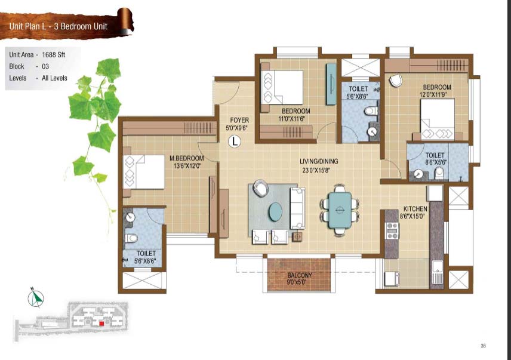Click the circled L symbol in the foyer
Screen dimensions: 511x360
tap(235, 141)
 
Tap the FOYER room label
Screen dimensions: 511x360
tap(239, 120)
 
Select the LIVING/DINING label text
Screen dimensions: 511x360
tap(319, 161)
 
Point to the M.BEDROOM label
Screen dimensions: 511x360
tap(186, 158)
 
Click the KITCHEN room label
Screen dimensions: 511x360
tap(415, 209)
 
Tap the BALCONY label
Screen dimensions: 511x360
tap(300, 275)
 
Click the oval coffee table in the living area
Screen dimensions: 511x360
tap(275, 211)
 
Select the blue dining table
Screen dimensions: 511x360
tap(340, 210)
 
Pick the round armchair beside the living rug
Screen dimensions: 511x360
tap(261, 188)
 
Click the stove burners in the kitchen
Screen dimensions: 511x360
tap(392, 230)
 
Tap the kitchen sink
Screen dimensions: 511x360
tap(437, 272)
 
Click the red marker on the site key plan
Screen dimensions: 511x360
tap(101, 324)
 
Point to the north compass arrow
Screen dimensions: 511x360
tap(36, 298)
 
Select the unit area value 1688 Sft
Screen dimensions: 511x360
tap(54, 55)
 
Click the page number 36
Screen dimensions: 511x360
tap(483, 346)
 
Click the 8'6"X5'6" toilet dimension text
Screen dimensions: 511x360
tap(436, 162)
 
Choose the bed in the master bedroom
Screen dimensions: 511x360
tap(143, 172)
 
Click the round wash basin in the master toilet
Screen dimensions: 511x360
tap(130, 217)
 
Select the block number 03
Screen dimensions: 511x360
tap(45, 66)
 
